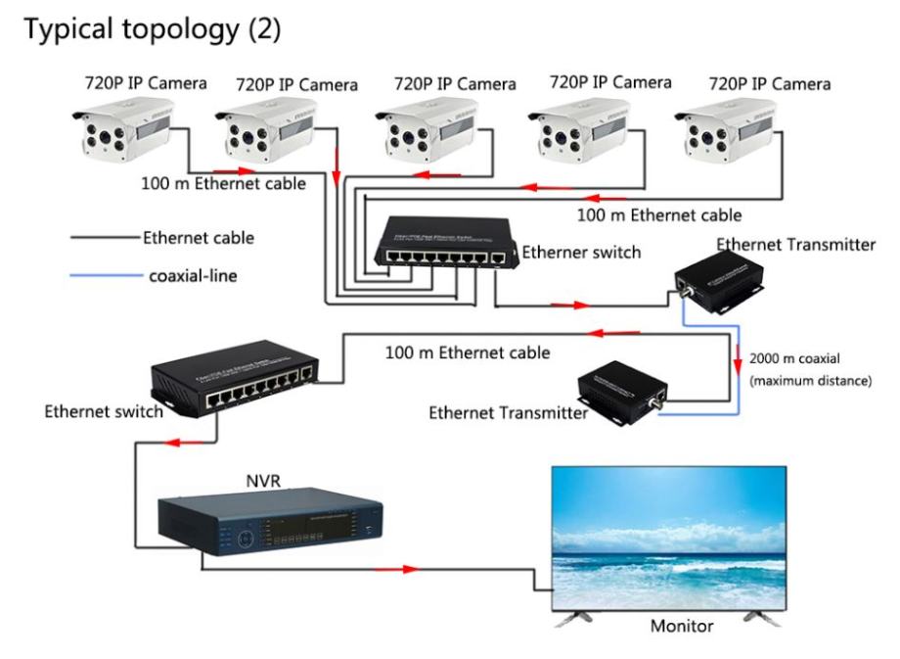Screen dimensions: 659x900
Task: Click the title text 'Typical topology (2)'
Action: point(153,30)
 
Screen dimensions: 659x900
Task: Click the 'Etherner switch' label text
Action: point(581,253)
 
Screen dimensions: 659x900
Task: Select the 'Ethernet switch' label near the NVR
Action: point(104,411)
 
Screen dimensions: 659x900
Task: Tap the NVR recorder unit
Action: point(270,525)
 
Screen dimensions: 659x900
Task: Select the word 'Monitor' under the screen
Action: point(682,626)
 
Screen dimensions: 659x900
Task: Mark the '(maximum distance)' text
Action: point(810,380)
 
